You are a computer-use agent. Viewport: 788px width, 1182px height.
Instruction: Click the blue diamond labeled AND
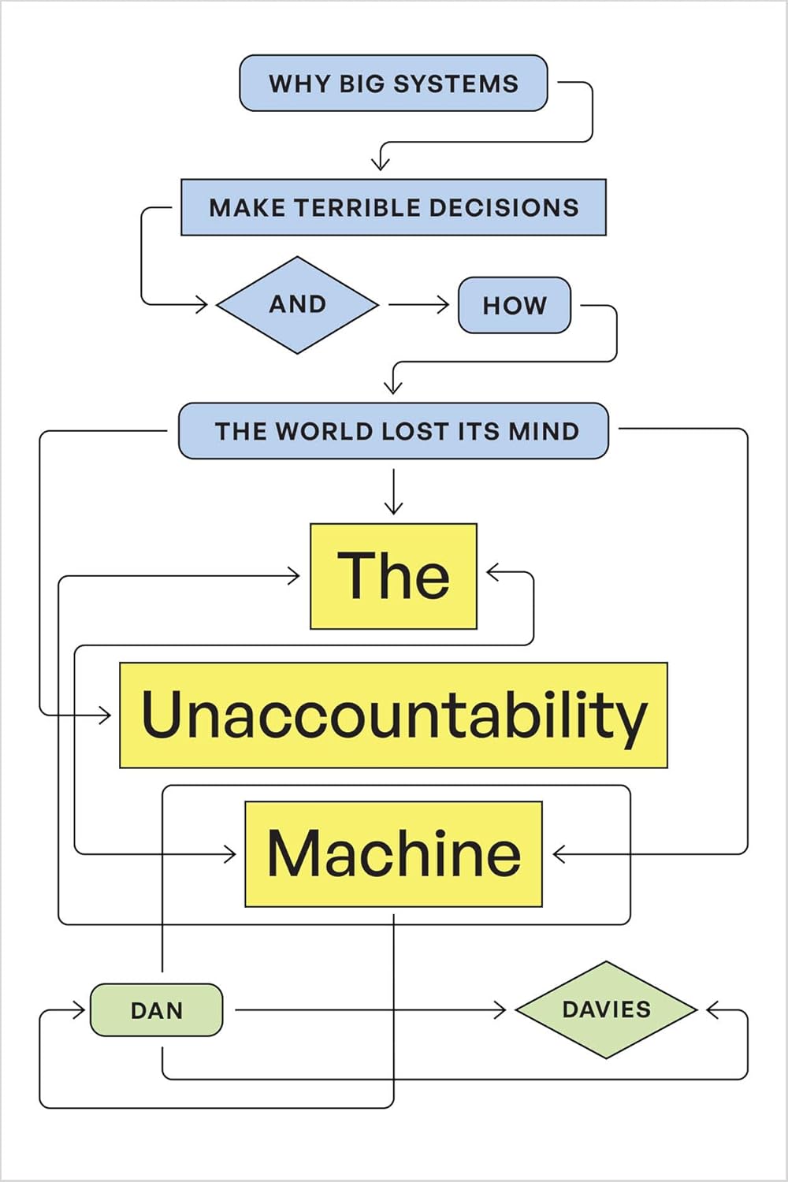[298, 304]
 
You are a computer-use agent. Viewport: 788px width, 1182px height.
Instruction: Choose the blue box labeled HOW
[515, 305]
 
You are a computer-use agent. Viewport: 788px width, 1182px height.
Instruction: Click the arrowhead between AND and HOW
[443, 304]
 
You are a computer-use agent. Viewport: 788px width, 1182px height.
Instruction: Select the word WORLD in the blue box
[323, 431]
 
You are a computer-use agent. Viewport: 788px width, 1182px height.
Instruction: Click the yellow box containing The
[393, 576]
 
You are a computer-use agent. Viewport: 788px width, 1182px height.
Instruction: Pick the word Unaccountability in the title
[393, 715]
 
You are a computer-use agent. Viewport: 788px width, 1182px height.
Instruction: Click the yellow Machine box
[393, 854]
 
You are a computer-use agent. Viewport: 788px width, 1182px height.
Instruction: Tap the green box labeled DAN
[156, 1009]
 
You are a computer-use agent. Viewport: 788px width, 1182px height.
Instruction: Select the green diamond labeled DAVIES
[606, 1009]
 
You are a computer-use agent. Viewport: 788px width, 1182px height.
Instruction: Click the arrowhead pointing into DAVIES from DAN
[500, 1009]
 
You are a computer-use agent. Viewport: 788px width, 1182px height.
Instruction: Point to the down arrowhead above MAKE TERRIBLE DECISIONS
[381, 164]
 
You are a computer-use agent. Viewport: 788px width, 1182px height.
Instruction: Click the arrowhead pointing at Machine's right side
[559, 854]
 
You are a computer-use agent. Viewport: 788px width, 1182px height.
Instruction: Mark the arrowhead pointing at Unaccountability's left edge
[106, 715]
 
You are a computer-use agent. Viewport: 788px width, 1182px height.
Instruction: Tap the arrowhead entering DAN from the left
[80, 1009]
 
